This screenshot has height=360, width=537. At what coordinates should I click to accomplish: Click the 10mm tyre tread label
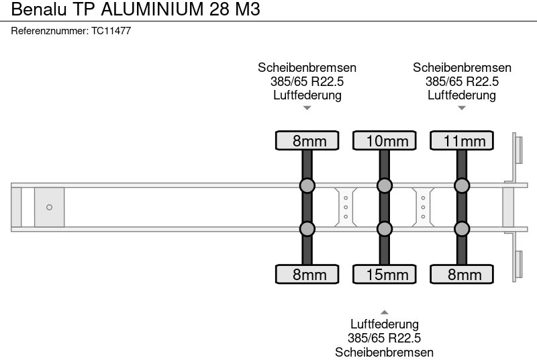(x=385, y=140)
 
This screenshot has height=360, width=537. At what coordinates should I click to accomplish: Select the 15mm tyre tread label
(x=385, y=274)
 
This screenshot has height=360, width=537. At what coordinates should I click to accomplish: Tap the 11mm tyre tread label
(x=462, y=140)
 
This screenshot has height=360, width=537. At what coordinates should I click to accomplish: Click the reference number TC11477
(x=111, y=31)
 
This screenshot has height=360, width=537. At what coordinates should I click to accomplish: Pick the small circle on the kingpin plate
(x=49, y=208)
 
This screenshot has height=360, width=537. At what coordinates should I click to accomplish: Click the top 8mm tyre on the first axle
(x=307, y=140)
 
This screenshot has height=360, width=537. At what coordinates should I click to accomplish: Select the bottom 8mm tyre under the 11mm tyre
(x=462, y=274)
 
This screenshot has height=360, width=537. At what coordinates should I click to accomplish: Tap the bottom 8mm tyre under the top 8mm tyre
(x=307, y=274)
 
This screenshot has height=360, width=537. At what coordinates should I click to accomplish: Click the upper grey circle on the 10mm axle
(x=385, y=185)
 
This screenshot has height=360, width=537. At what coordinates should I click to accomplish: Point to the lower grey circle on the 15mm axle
(x=385, y=230)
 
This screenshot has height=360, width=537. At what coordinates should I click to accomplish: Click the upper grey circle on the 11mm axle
(x=462, y=185)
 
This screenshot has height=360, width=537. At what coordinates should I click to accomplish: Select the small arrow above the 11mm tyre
(x=462, y=107)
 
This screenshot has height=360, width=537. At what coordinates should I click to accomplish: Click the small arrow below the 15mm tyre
(x=385, y=312)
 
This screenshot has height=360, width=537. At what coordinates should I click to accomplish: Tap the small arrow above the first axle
(x=307, y=107)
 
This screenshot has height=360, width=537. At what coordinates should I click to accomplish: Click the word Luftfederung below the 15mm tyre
(x=385, y=325)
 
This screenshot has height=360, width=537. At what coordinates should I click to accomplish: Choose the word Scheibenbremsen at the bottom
(x=385, y=352)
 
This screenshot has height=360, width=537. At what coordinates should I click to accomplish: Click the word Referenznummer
(x=50, y=31)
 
